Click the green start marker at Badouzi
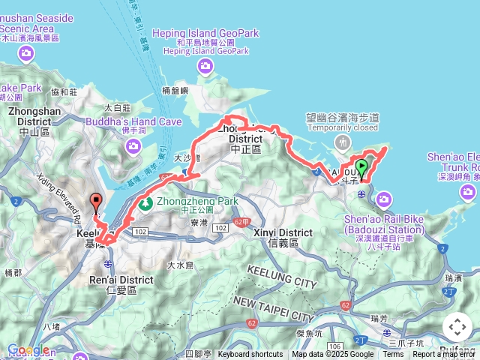[x=362, y=168]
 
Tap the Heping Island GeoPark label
[x=205, y=33]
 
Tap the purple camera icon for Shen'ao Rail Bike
[x=385, y=199]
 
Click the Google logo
[x=28, y=350]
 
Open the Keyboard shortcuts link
[x=250, y=355]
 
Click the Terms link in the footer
[x=393, y=355]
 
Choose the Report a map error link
[x=445, y=355]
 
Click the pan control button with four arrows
[x=457, y=327]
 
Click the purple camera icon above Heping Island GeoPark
[x=206, y=67]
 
